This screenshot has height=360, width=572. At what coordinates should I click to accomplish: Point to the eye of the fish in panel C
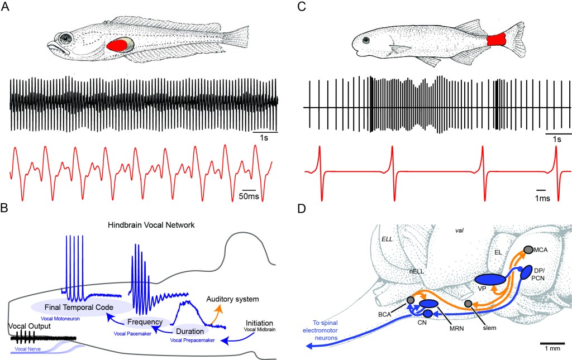point(365,40)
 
